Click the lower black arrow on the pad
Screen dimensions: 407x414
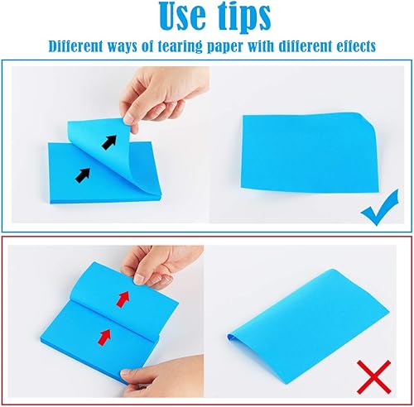(x=83, y=174)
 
